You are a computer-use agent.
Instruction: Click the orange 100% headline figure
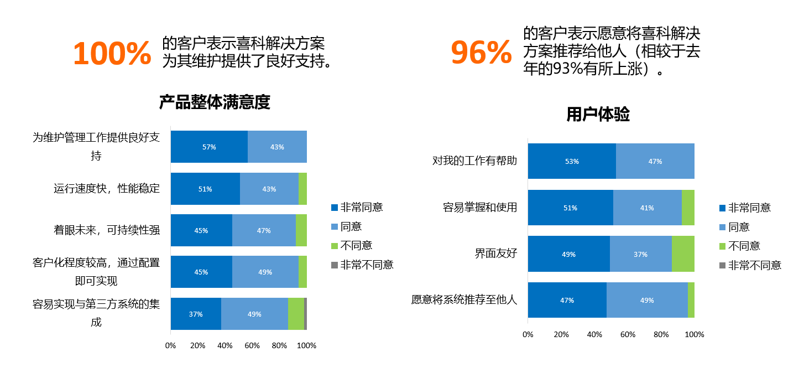pyautogui.click(x=112, y=53)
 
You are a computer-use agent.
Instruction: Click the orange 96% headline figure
pyautogui.click(x=481, y=53)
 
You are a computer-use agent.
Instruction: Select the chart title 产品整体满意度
pyautogui.click(x=215, y=102)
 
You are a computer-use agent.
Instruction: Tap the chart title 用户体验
pyautogui.click(x=598, y=114)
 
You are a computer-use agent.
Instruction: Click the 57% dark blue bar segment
pyautogui.click(x=209, y=147)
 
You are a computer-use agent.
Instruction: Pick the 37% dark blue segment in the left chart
pyautogui.click(x=196, y=314)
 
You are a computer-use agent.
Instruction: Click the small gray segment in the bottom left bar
pyautogui.click(x=305, y=314)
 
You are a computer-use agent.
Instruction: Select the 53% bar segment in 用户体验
pyautogui.click(x=572, y=161)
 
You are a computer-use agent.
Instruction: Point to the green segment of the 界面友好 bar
pyautogui.click(x=683, y=254)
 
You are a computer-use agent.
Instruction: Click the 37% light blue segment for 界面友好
pyautogui.click(x=641, y=254)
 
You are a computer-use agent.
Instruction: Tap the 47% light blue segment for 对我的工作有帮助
pyautogui.click(x=655, y=161)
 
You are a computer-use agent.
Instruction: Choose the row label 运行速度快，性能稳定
pyautogui.click(x=107, y=188)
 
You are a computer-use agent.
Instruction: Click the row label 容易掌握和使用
pyautogui.click(x=480, y=208)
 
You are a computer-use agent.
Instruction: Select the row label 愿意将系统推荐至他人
pyautogui.click(x=464, y=299)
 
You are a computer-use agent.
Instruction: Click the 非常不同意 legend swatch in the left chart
pyautogui.click(x=335, y=265)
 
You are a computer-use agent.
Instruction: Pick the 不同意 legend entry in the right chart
pyautogui.click(x=740, y=246)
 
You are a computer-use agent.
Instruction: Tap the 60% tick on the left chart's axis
pyautogui.click(x=252, y=346)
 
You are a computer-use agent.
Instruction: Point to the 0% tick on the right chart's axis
pyautogui.click(x=528, y=335)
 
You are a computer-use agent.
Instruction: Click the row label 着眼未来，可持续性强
pyautogui.click(x=107, y=230)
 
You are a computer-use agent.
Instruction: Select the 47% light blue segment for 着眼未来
pyautogui.click(x=264, y=230)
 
